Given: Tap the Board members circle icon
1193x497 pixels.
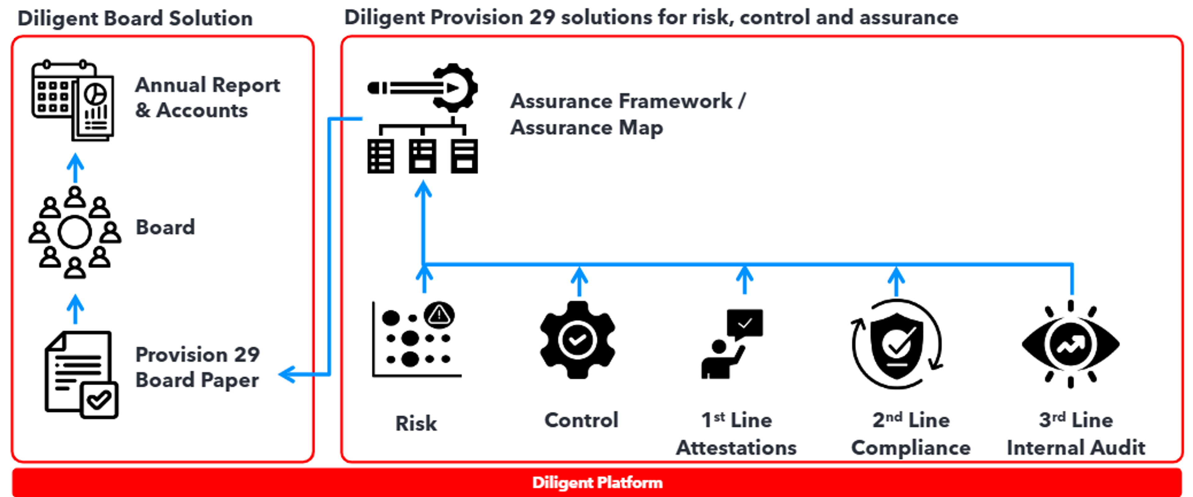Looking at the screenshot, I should click(x=75, y=232).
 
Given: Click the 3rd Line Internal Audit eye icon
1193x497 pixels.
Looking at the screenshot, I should click(x=1071, y=344).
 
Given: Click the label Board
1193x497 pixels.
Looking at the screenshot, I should click(x=165, y=227).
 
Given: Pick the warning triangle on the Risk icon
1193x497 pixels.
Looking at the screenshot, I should click(x=439, y=315).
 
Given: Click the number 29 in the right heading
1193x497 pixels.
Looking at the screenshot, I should click(x=542, y=18).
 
